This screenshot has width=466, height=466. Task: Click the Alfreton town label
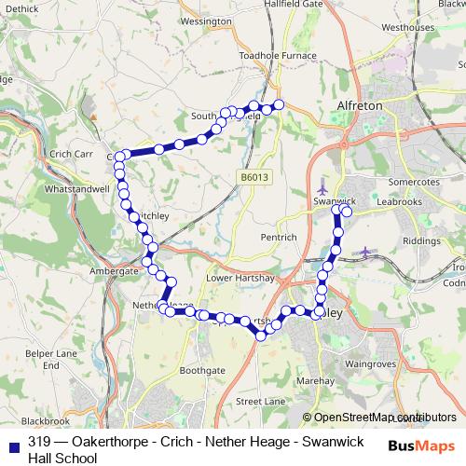(359, 106)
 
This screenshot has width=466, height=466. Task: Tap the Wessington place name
(206, 20)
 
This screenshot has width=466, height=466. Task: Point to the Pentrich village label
(279, 238)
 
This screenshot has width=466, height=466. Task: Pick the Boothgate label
(202, 370)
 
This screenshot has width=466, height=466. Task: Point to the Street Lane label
(261, 401)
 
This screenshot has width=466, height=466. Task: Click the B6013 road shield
(253, 176)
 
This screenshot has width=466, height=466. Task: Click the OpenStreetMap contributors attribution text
(378, 418)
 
